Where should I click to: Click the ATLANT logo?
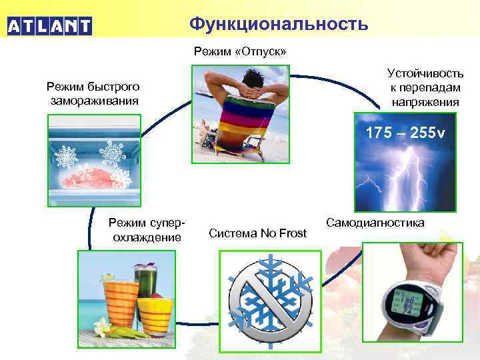click(x=49, y=26)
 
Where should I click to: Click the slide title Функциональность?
click(x=278, y=24)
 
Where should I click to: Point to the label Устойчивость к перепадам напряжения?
click(x=425, y=87)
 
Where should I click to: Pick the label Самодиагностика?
click(x=375, y=222)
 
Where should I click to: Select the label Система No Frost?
click(x=257, y=233)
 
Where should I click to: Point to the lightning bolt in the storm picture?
click(x=407, y=173)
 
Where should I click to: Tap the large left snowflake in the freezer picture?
click(x=67, y=157)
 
